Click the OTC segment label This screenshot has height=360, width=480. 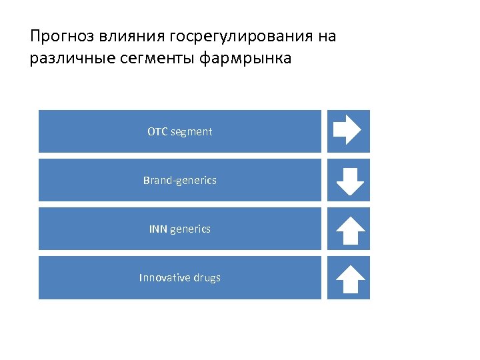click(x=180, y=131)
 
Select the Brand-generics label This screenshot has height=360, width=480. click(x=180, y=180)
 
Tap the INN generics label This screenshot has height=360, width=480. click(x=180, y=229)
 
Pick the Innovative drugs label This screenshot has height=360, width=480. click(x=180, y=277)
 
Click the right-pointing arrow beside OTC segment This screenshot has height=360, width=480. click(x=347, y=130)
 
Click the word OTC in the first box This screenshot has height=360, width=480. click(x=157, y=131)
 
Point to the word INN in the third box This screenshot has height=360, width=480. click(x=158, y=229)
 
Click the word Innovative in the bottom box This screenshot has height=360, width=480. click(x=165, y=277)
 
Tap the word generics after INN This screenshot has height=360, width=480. click(x=191, y=229)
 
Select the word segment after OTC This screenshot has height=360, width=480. click(x=191, y=132)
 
